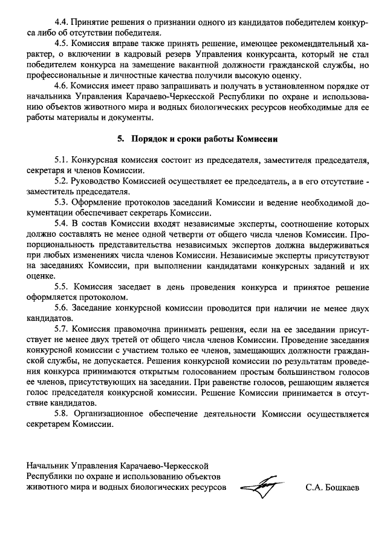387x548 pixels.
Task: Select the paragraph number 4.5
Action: (x=62, y=44)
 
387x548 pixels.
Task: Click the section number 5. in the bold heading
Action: (x=120, y=139)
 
